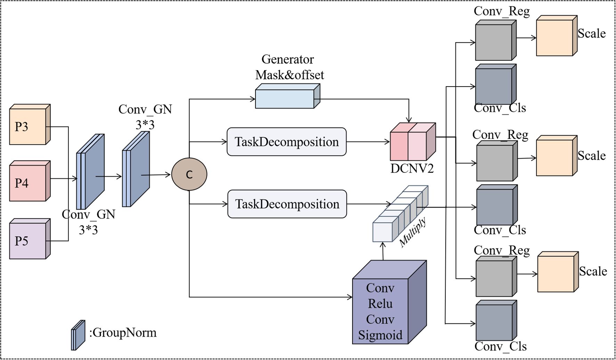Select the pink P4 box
[x=28, y=183]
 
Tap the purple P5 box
[x=28, y=241]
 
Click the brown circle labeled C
[x=189, y=174]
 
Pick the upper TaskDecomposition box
[x=286, y=142]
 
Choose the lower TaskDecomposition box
[x=287, y=204]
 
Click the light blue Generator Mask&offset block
[x=285, y=98]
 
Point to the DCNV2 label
[x=412, y=168]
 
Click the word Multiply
[x=413, y=232]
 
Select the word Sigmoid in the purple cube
[x=380, y=335]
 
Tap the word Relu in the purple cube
[x=380, y=304]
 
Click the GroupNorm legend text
[x=123, y=333]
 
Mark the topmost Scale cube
[x=554, y=38]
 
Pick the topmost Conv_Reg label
[x=502, y=11]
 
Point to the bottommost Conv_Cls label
[x=501, y=346]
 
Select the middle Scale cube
[x=554, y=158]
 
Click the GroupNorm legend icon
[x=78, y=335]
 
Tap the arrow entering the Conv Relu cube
[x=348, y=297]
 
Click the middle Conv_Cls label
[x=500, y=230]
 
